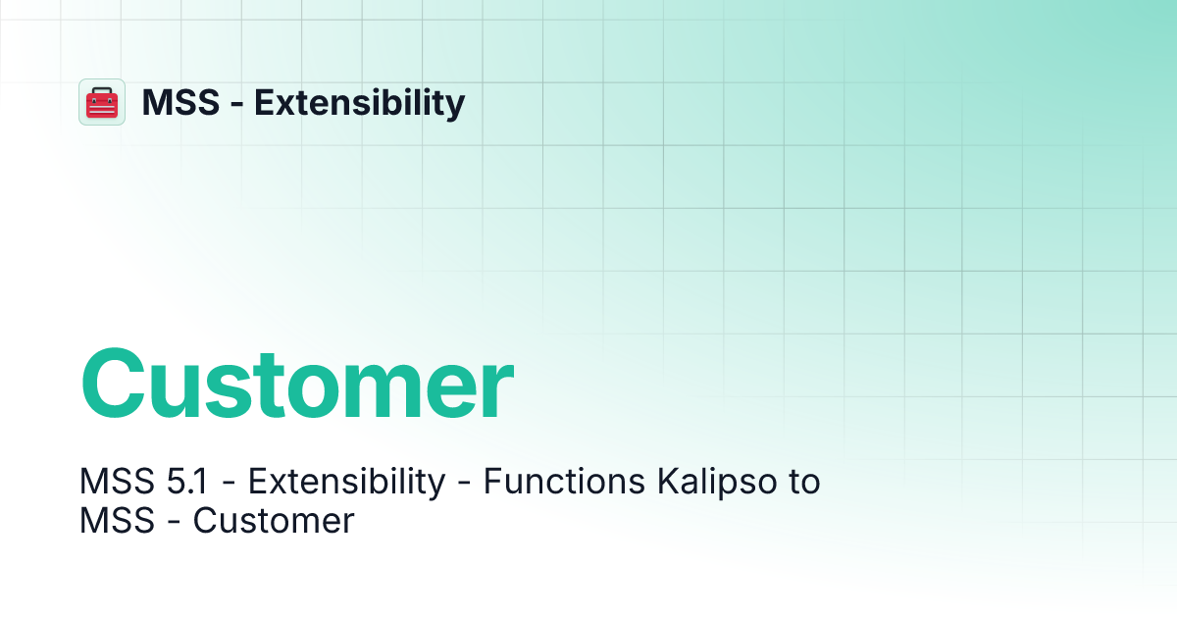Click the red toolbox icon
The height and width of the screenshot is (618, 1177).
coord(102,102)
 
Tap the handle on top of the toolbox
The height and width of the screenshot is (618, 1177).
coord(102,90)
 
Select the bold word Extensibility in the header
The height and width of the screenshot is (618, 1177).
coord(360,102)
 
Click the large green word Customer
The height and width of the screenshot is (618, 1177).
coord(297,384)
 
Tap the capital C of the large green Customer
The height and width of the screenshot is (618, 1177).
coord(118,384)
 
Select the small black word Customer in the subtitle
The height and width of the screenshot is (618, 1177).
coord(274,520)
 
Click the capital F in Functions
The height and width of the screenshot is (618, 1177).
coord(491,483)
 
